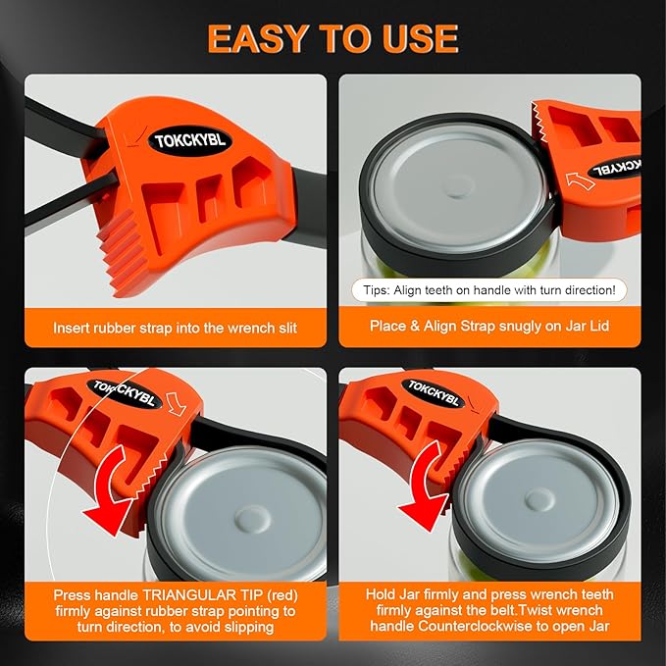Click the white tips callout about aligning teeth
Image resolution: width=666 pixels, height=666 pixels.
[488, 290]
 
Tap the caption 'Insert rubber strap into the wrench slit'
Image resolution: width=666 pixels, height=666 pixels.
[176, 327]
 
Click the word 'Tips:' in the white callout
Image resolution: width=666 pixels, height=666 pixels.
[376, 290]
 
